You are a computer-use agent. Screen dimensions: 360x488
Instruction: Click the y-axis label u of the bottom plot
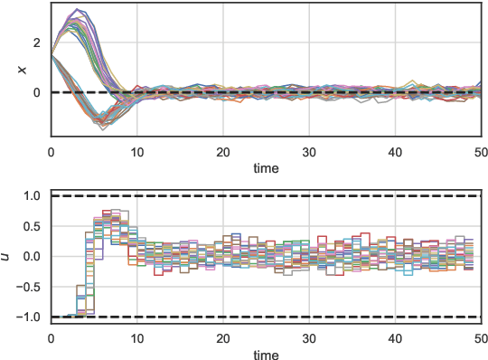point(7,256)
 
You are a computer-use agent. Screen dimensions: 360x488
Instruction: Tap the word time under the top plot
point(265,168)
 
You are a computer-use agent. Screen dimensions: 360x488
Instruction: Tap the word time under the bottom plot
point(265,353)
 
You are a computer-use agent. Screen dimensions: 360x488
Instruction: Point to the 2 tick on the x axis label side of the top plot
point(36,43)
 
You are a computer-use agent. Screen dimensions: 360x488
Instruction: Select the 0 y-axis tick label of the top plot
point(36,92)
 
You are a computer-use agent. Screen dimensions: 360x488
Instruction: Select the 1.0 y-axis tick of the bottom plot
point(32,195)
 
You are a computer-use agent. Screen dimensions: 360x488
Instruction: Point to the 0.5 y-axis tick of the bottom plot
point(32,226)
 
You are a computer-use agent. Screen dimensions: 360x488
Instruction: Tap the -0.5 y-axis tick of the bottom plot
point(29,287)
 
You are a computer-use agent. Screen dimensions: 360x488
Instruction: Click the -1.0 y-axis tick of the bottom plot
point(29,317)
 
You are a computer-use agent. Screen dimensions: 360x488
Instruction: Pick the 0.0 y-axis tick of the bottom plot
point(32,256)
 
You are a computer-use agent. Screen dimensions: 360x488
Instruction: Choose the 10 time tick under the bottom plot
point(136,336)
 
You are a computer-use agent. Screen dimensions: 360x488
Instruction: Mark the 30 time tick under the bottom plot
point(308,336)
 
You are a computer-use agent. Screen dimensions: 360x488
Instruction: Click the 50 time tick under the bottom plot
point(479,336)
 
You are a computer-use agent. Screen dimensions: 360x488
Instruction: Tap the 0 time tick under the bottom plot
point(51,336)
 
